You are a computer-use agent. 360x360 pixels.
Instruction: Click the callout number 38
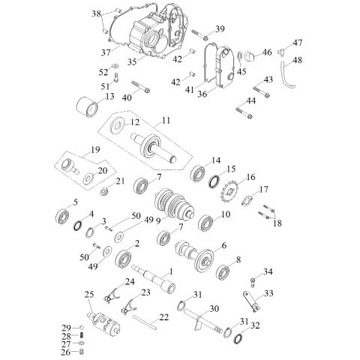tap(96, 13)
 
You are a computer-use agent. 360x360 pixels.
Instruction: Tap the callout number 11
tap(165, 120)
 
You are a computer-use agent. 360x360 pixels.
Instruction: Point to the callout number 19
tap(94, 150)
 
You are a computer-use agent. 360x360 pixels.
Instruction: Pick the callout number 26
tap(66, 352)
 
